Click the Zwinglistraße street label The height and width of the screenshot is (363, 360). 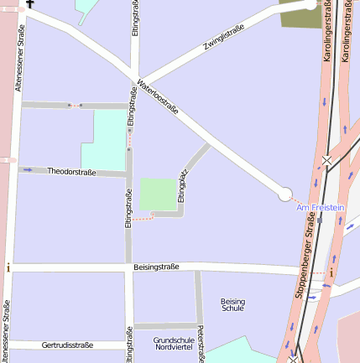pos(223,39)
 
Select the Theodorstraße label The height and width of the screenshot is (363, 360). pos(71,172)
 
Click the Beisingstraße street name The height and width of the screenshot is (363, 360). pos(156,267)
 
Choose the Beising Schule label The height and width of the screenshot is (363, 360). pos(232,304)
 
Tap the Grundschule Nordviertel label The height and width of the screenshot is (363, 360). pos(174,343)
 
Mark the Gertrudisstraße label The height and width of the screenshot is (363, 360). pos(67,345)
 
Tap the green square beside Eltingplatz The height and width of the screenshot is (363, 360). pos(159,194)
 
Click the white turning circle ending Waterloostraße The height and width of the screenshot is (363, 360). pos(285,194)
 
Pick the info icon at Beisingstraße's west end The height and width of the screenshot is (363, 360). pos(8,268)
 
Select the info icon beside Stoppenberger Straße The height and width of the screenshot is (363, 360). pos(331,272)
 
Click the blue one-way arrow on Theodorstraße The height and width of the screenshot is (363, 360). pos(28,170)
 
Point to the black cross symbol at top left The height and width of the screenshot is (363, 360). pos(30,3)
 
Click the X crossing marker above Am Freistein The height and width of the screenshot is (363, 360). pos(326,159)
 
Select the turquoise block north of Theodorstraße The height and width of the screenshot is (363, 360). pos(104,139)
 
